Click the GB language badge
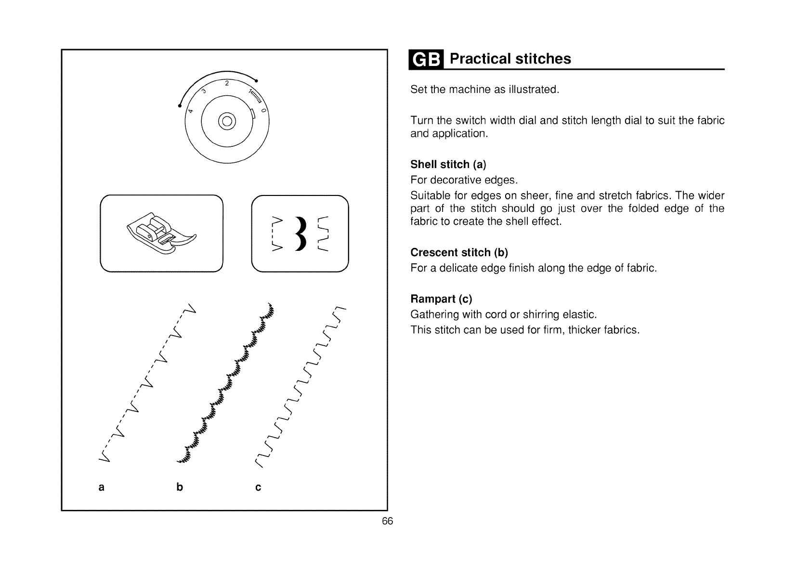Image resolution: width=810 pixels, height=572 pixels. click(x=426, y=60)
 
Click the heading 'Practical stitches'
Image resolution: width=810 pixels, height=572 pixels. click(x=510, y=59)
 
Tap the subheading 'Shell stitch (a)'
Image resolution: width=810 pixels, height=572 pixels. click(x=448, y=165)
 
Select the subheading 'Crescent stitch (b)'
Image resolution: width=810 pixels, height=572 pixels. click(x=459, y=253)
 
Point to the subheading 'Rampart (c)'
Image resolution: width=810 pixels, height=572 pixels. click(x=441, y=299)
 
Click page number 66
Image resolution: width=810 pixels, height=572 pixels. click(x=387, y=521)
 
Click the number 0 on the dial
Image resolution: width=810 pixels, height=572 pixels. click(x=263, y=111)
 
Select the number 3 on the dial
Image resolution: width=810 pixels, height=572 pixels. click(x=204, y=91)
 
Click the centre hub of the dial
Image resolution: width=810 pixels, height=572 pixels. click(x=227, y=120)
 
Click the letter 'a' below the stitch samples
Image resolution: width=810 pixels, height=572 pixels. click(x=101, y=487)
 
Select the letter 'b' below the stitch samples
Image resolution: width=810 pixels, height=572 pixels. click(x=180, y=487)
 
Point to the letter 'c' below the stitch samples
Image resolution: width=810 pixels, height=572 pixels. click(x=258, y=487)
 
